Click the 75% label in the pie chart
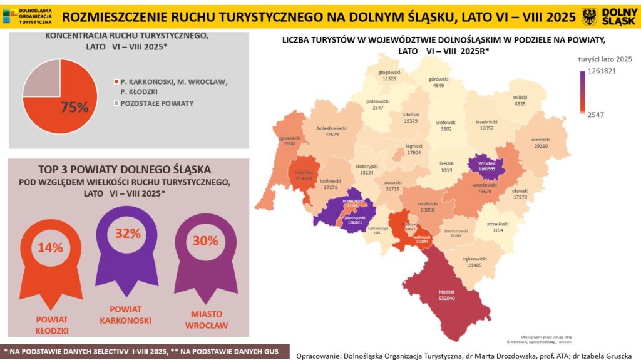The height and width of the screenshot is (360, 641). click(x=74, y=107)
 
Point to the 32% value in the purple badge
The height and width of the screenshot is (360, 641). click(x=126, y=234)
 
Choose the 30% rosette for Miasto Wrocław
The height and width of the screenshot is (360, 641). click(x=205, y=240)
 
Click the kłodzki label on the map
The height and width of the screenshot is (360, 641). click(x=446, y=294)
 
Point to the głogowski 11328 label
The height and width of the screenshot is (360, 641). click(x=389, y=75)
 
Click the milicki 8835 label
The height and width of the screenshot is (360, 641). click(x=520, y=101)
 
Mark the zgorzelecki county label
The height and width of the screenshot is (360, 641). click(x=289, y=140)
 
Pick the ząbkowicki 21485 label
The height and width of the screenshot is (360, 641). click(x=474, y=262)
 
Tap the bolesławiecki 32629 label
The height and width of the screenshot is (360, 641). click(x=332, y=131)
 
